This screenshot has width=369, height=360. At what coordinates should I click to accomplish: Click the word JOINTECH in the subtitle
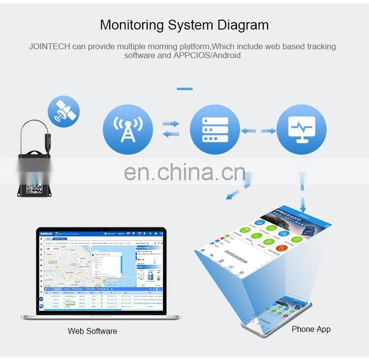50,47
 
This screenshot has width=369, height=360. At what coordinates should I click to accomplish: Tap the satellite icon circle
63,112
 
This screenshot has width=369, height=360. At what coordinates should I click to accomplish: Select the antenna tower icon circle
128,130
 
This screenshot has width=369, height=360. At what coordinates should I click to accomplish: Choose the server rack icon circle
215,130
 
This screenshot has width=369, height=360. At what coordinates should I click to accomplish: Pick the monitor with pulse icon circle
302,130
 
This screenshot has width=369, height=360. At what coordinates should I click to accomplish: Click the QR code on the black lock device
36,188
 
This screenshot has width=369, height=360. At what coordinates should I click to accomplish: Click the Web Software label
92,331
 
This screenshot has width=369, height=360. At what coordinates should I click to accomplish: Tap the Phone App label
311,329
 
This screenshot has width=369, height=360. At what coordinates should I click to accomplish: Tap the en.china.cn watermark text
184,172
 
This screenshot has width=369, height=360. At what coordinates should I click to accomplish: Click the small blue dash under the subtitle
184,89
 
